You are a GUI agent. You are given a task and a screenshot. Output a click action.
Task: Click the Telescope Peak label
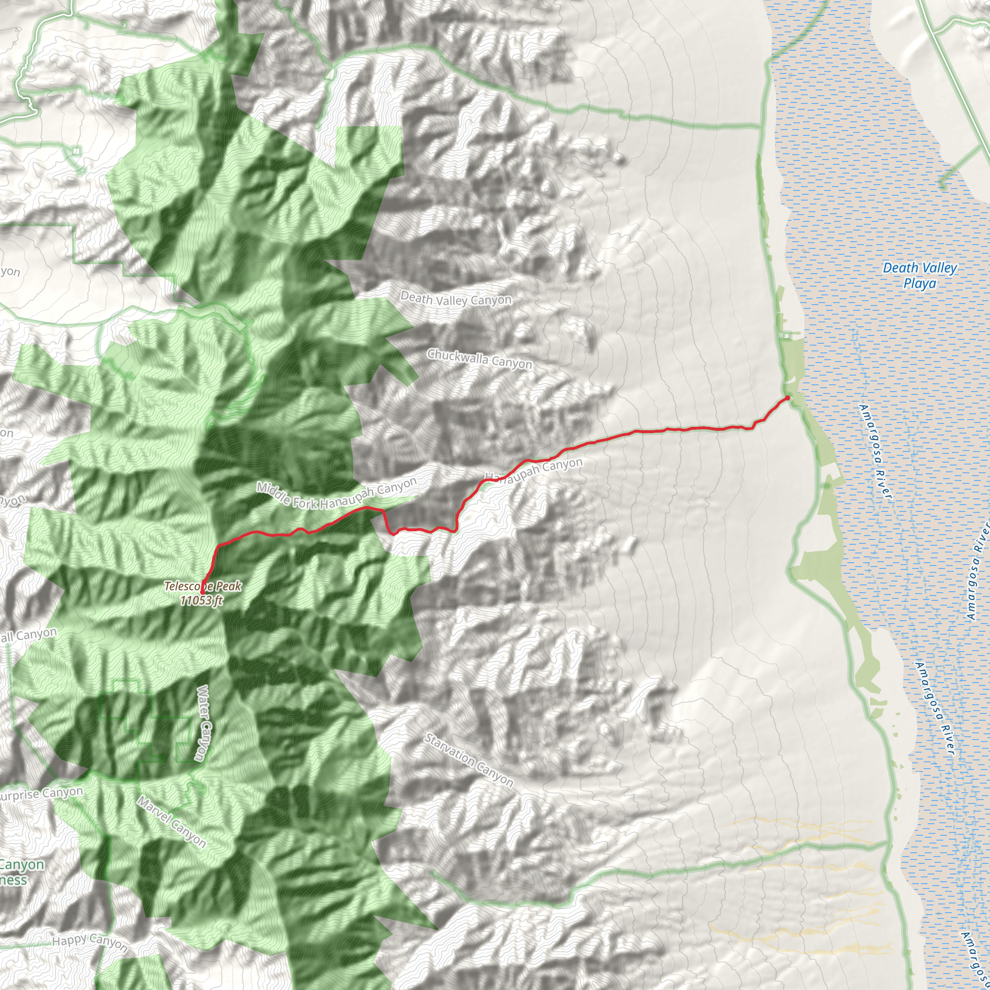[x=203, y=586]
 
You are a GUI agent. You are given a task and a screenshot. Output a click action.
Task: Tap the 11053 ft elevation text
[x=202, y=600]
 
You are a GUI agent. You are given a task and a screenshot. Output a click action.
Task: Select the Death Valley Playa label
[x=919, y=275]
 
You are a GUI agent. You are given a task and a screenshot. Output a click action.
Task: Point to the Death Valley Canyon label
[x=455, y=299]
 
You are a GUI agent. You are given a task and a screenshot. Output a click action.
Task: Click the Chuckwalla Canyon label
[x=480, y=359]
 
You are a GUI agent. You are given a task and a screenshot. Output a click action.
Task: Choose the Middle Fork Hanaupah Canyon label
[x=336, y=495]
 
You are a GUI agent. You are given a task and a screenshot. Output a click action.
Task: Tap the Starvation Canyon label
[x=468, y=760]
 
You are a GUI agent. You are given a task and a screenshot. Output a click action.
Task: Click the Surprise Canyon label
[x=41, y=794]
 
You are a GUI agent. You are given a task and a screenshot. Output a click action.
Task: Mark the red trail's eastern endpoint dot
[x=787, y=398]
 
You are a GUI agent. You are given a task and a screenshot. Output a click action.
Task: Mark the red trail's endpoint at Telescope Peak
[x=203, y=592]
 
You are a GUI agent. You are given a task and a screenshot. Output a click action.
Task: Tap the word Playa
[x=919, y=283]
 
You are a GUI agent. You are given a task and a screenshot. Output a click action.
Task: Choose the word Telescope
[x=185, y=586]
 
